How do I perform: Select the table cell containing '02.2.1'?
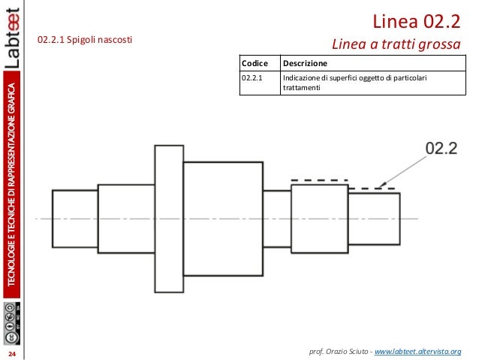click(253, 77)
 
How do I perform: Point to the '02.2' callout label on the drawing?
click(441, 149)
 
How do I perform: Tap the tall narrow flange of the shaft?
click(168, 218)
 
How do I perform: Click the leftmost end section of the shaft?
click(75, 218)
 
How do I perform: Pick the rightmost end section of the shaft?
click(374, 218)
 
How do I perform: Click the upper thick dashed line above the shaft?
click(319, 180)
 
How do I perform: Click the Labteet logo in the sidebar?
click(13, 41)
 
